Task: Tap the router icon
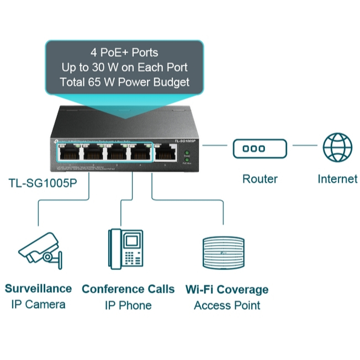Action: [x=260, y=148]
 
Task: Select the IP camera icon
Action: [x=40, y=251]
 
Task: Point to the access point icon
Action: [x=224, y=253]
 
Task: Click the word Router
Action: [x=260, y=179]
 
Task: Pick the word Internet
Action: [x=337, y=179]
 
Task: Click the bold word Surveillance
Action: [x=38, y=288]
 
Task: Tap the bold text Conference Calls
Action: [x=128, y=289]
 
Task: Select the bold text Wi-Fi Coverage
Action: [x=227, y=289]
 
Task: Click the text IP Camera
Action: [x=38, y=304]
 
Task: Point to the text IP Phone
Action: [x=128, y=305]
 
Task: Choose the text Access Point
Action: [x=227, y=305]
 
